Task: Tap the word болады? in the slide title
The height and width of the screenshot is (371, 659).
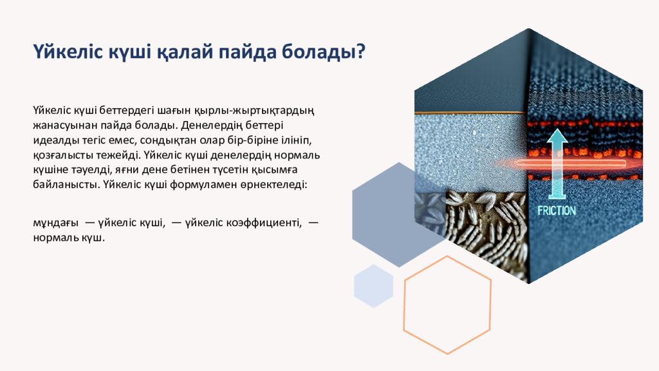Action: [x=327, y=52]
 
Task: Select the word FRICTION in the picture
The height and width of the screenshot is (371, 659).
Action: [x=557, y=210]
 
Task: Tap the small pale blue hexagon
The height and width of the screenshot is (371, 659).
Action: [x=373, y=286]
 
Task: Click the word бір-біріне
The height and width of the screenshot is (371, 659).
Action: [x=245, y=140]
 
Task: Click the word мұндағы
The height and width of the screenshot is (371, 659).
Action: [x=55, y=223]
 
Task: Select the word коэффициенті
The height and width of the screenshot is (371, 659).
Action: [x=265, y=223]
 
